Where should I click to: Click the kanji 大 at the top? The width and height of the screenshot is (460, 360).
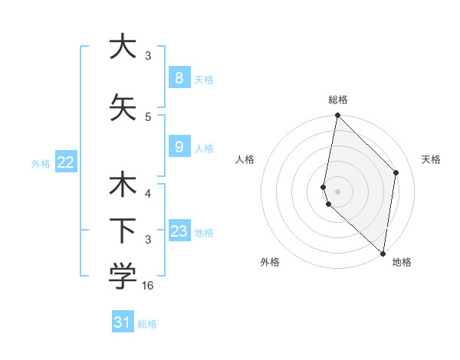tap(123, 47)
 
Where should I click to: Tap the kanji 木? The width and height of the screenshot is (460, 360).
tap(123, 186)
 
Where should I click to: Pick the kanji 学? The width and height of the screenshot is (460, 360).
tap(123, 277)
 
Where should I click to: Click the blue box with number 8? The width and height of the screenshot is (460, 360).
tap(179, 78)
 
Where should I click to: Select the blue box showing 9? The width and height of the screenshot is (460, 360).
tap(179, 148)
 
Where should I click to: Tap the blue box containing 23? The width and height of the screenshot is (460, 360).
tap(179, 232)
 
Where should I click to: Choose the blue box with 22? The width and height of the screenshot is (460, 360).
tap(66, 162)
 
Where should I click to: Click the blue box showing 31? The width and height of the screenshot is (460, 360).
tap(123, 322)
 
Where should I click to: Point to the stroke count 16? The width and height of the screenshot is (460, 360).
tap(149, 286)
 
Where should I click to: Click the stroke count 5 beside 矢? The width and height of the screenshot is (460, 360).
tap(148, 116)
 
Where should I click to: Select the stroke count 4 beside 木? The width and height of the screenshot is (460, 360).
tap(148, 194)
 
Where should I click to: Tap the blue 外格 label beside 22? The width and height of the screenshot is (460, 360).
tap(41, 163)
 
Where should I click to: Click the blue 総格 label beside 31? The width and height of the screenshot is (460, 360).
tap(147, 324)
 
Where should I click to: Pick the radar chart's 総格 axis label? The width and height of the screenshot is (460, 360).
tap(338, 100)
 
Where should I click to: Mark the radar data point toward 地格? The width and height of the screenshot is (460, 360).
tap(383, 254)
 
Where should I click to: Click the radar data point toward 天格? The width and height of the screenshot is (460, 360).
tap(396, 172)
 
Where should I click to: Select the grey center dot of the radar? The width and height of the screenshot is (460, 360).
tap(338, 191)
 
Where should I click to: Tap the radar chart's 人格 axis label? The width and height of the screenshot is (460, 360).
tap(245, 159)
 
